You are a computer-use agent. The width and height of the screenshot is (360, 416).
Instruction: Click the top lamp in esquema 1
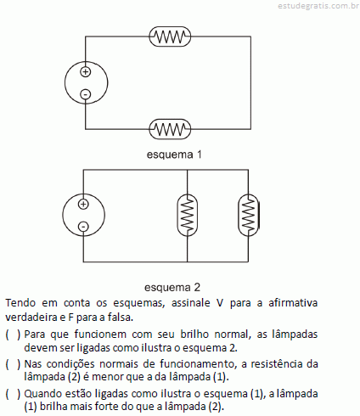(170, 37)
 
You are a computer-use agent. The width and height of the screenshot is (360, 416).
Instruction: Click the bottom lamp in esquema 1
(170, 129)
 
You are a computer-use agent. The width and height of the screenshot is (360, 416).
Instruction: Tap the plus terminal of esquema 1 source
(86, 71)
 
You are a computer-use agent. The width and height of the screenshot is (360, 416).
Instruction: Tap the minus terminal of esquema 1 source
(86, 94)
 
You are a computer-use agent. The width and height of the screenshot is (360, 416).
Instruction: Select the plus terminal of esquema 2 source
(83, 204)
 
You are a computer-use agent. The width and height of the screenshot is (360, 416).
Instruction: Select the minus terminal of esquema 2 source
(83, 227)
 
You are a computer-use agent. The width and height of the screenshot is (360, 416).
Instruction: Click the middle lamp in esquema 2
(187, 215)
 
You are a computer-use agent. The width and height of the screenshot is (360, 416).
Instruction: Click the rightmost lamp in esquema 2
(249, 215)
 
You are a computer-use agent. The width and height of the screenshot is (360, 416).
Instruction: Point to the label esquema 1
(174, 155)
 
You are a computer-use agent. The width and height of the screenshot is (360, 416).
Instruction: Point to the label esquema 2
(172, 287)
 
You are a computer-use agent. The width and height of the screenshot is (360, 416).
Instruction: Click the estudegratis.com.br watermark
(318, 6)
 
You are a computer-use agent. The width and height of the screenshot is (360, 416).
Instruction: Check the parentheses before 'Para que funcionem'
(13, 334)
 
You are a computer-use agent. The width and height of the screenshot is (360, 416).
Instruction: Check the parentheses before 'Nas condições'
(13, 364)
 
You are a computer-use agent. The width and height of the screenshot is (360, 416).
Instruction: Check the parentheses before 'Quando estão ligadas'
(13, 394)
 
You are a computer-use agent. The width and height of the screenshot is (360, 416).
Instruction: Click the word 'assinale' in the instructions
(191, 303)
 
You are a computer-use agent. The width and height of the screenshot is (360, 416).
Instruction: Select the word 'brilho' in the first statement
(194, 334)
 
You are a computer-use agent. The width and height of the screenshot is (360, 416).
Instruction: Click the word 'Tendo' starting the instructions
(20, 303)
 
